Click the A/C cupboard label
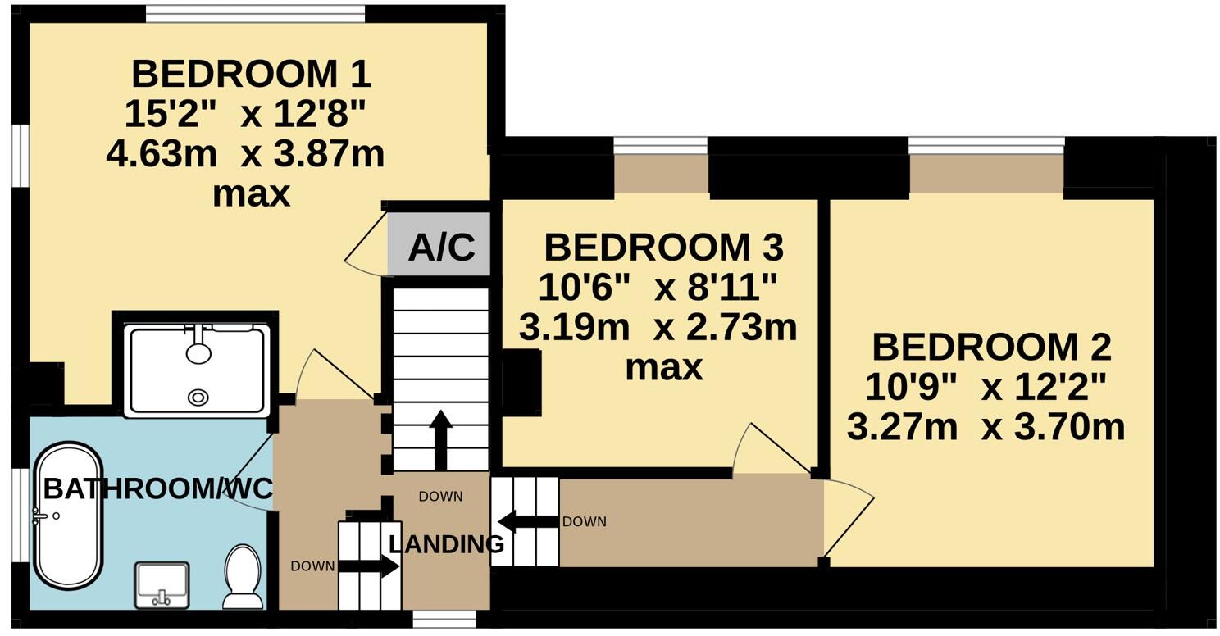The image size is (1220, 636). [441, 247]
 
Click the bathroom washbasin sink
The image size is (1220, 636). [161, 584]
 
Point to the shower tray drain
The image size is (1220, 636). [198, 397]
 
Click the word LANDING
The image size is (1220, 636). [446, 543]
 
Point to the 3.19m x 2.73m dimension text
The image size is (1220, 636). [658, 329]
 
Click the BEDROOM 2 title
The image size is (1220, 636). [990, 348]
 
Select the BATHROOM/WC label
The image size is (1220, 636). [157, 489]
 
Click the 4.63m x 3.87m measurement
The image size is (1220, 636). [245, 155]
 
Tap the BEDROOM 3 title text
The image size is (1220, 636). [662, 246]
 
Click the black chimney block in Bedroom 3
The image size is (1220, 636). [521, 381]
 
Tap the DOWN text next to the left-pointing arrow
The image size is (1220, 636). [584, 521]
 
